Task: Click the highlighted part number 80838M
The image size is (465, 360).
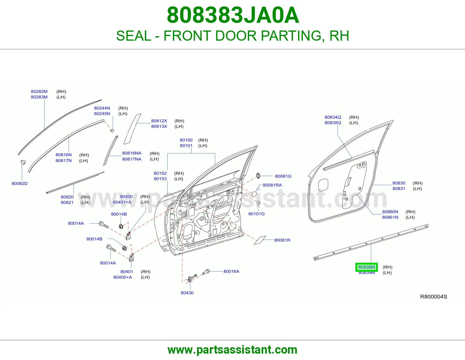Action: tap(366, 267)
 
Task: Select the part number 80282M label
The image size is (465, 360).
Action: tap(39, 91)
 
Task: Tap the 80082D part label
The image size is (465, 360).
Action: tap(19, 183)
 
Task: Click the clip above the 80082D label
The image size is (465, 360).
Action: tap(23, 162)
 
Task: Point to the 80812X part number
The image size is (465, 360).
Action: tap(159, 121)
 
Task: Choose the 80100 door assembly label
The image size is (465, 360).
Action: tap(186, 140)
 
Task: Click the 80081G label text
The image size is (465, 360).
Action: tap(283, 176)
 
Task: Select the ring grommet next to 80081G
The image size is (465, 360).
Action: tap(258, 176)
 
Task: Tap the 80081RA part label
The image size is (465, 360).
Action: tap(272, 185)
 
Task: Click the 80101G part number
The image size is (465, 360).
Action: tap(256, 214)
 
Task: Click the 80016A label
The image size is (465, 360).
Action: tap(231, 271)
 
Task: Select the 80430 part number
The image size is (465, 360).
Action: tap(187, 293)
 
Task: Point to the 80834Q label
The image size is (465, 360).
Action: tap(333, 117)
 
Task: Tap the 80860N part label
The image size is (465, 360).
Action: tap(390, 212)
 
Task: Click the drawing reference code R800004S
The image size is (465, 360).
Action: tap(434, 297)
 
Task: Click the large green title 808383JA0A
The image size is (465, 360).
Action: tap(233, 15)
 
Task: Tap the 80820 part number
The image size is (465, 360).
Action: tap(67, 197)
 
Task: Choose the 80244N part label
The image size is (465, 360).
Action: tap(102, 108)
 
